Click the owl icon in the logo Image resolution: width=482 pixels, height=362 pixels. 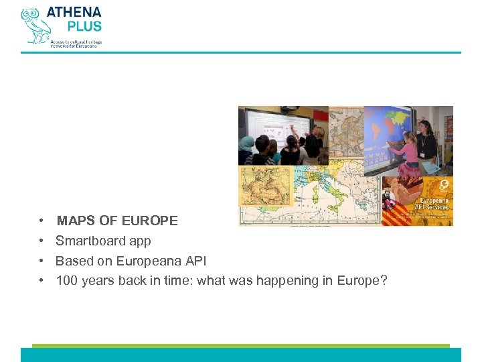coord(33,25)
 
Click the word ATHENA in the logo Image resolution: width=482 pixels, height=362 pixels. coord(74,13)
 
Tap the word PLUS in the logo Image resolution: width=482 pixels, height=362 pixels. coord(84,27)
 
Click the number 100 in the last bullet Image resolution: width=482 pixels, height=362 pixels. coord(66,281)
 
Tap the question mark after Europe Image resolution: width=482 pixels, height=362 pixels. coord(384,281)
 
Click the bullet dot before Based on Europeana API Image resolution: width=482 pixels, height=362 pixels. coord(42,261)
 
